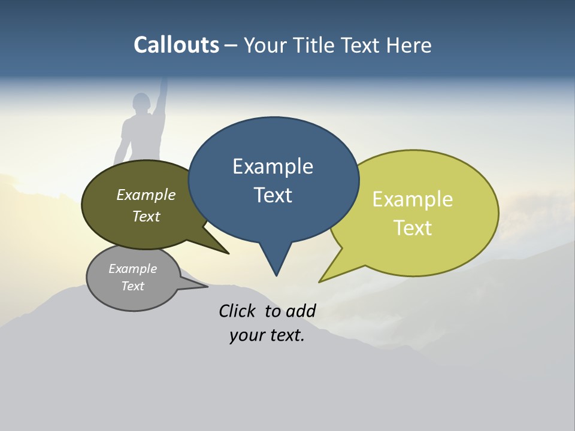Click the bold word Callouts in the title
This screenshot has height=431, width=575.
[x=176, y=45]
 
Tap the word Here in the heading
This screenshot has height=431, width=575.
[x=408, y=45]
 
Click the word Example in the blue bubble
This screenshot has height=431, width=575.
[x=273, y=166]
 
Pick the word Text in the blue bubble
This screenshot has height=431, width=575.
[x=273, y=195]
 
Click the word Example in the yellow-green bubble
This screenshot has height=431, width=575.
[x=413, y=199]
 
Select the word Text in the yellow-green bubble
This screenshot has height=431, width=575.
[x=413, y=228]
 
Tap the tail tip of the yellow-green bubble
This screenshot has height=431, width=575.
[x=320, y=281]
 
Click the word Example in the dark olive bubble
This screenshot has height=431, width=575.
[x=146, y=195]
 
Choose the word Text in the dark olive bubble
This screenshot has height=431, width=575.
[x=146, y=216]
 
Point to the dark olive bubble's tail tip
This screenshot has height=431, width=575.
[x=228, y=253]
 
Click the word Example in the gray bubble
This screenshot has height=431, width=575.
[x=132, y=269]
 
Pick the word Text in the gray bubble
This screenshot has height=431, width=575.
[x=132, y=286]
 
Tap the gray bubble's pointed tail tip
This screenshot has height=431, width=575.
[x=207, y=286]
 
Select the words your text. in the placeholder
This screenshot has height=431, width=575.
[x=267, y=335]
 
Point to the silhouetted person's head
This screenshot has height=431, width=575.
[x=142, y=102]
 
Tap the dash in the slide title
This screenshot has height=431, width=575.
[x=232, y=45]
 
